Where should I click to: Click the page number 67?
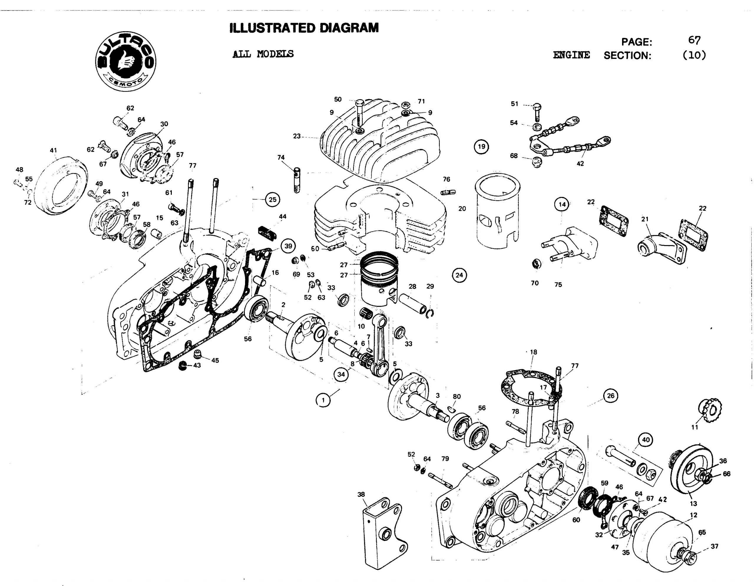694,40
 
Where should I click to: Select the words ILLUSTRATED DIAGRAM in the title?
304,28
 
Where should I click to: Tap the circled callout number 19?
481,147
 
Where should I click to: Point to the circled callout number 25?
272,200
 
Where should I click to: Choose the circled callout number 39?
288,246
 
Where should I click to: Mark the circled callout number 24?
459,275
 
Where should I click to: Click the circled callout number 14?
562,205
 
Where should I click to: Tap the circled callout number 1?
323,400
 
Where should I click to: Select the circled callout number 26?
611,396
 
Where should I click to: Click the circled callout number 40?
646,440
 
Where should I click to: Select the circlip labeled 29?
429,313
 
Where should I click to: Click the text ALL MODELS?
263,54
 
